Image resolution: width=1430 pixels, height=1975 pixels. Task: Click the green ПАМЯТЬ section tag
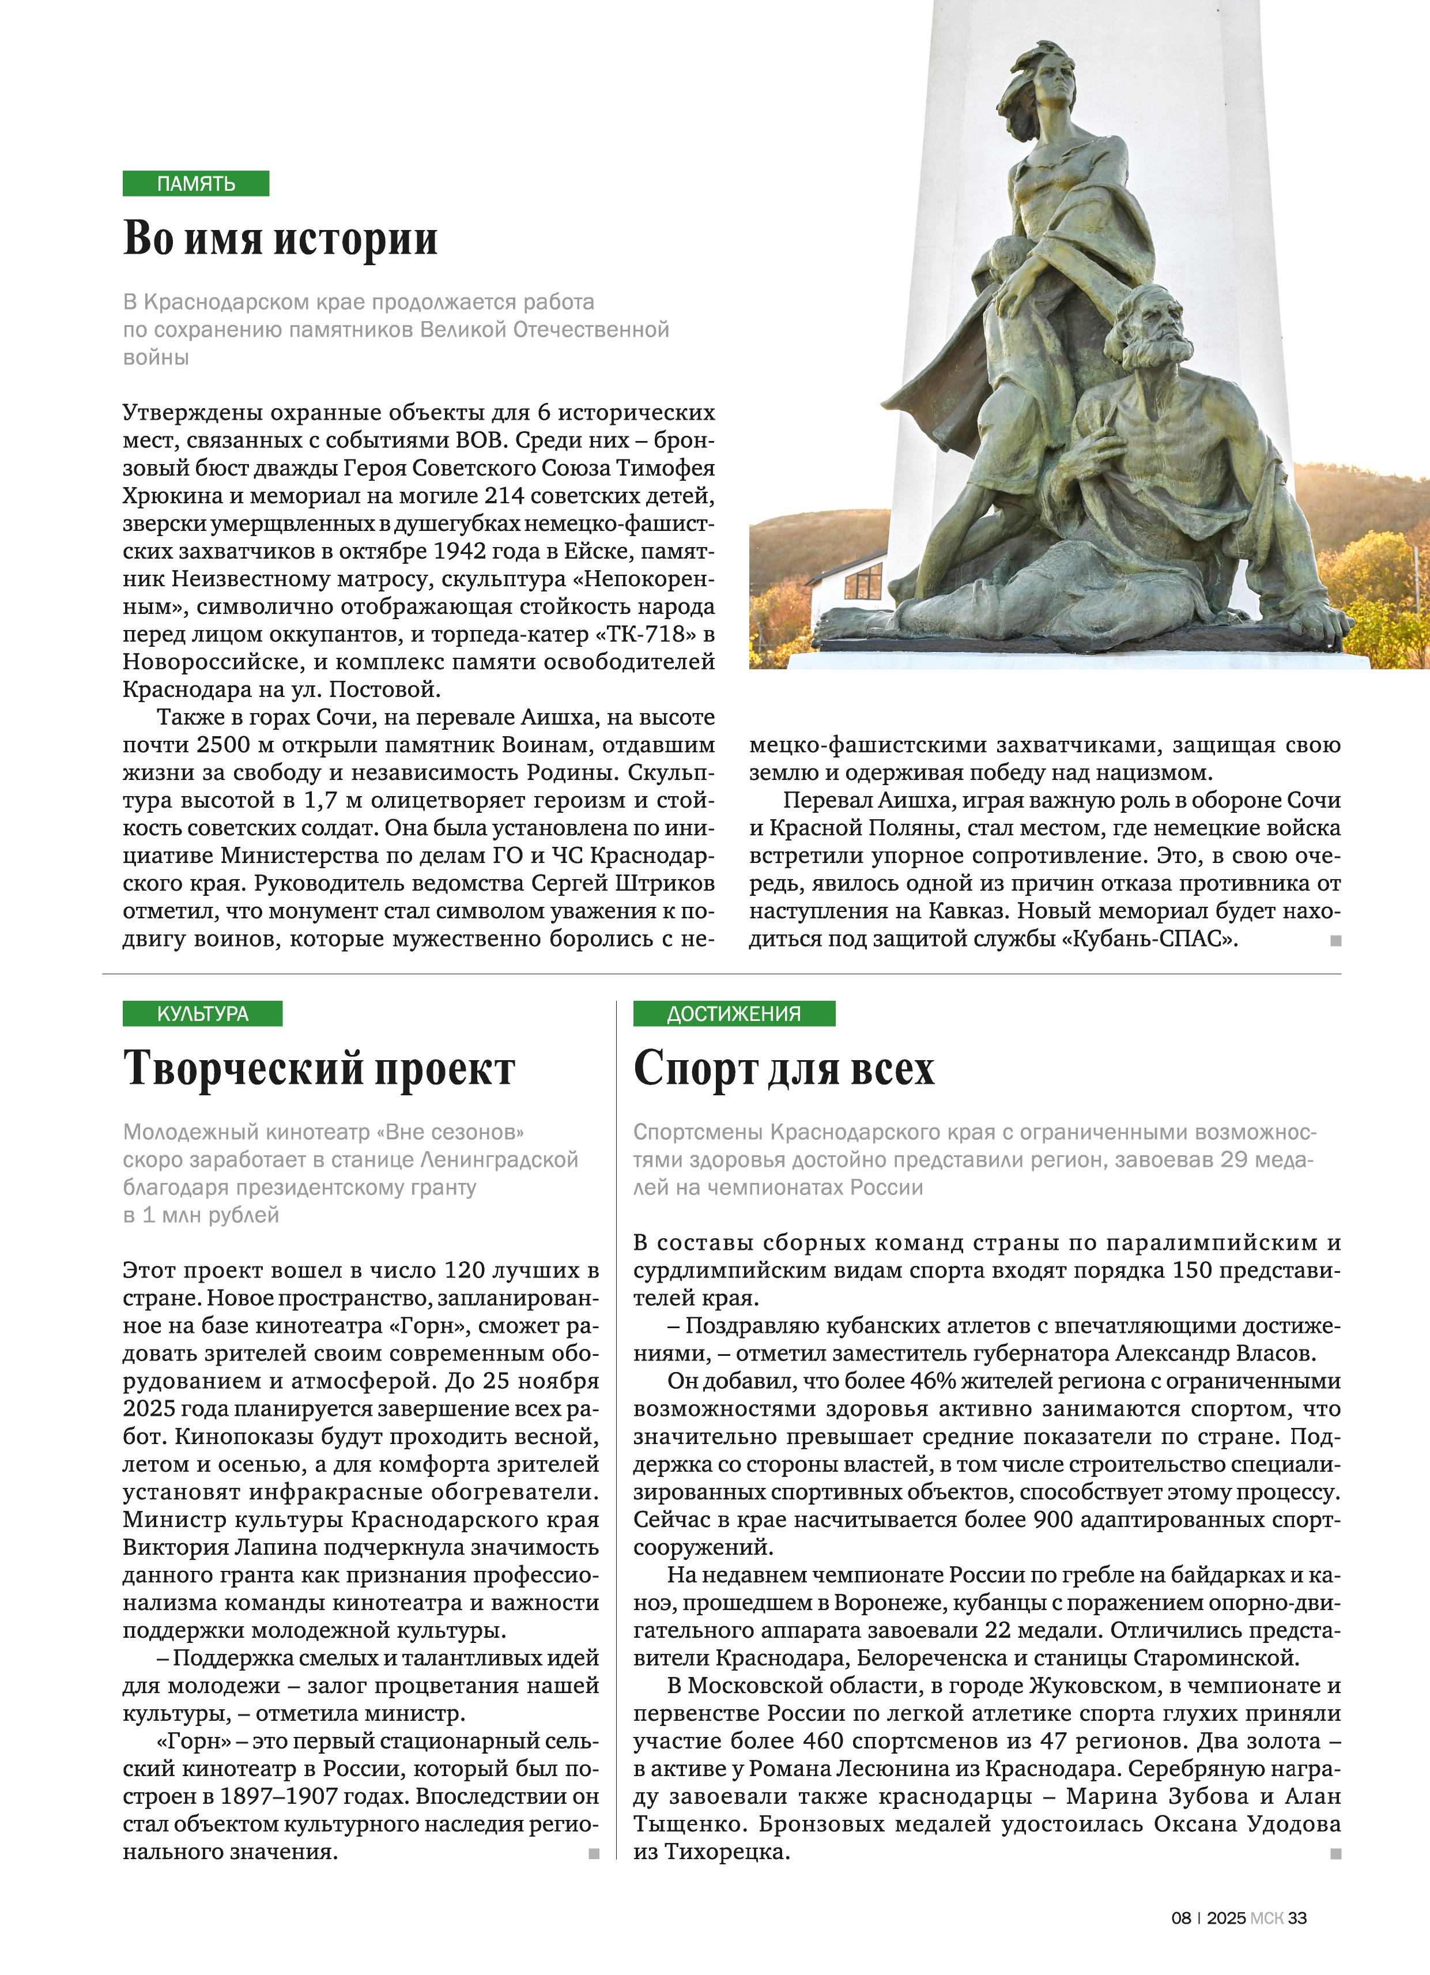tap(196, 184)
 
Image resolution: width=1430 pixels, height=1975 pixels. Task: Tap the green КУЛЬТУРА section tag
tap(203, 1013)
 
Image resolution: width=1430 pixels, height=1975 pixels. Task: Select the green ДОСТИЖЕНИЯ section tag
tap(734, 1013)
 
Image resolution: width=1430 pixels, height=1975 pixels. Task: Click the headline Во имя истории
tap(281, 238)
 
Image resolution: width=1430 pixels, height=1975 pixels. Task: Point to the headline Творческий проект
tap(319, 1068)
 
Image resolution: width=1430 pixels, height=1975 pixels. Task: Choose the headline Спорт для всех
tap(784, 1068)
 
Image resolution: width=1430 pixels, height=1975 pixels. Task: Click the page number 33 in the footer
tap(1297, 1917)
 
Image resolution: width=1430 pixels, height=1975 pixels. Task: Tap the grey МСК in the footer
tap(1266, 1917)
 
